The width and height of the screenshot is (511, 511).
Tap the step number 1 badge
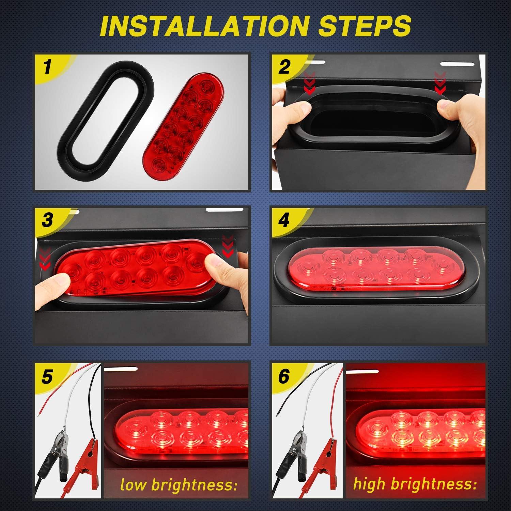click(x=48, y=66)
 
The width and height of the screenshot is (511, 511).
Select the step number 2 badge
click(x=284, y=66)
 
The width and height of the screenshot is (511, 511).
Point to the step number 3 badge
click(x=48, y=220)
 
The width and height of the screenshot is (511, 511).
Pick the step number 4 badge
click(x=284, y=221)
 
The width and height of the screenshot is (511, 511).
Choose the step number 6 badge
click(x=283, y=376)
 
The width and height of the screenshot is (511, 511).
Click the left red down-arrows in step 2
click(x=309, y=83)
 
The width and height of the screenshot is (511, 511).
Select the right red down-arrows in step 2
click(x=440, y=83)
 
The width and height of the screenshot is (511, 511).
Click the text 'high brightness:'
click(x=415, y=484)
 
